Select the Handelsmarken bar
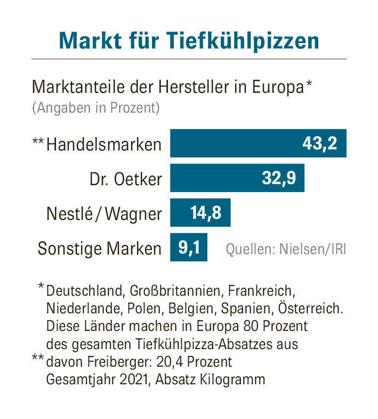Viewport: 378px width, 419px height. [x=258, y=143]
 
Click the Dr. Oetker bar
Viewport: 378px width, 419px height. [x=237, y=178]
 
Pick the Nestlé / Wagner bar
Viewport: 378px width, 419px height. [x=200, y=213]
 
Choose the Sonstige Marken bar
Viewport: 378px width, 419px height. [x=188, y=248]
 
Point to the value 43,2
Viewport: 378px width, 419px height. [x=319, y=144]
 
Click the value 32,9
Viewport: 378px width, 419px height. [x=278, y=178]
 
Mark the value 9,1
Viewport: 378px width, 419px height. [x=188, y=248]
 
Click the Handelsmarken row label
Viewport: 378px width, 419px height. [x=104, y=144]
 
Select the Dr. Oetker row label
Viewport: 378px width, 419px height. [x=125, y=179]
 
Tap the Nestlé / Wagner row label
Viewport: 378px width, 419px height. [x=103, y=214]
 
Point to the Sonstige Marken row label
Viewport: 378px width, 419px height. [x=99, y=249]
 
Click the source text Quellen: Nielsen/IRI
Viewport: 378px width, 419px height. [x=285, y=249]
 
